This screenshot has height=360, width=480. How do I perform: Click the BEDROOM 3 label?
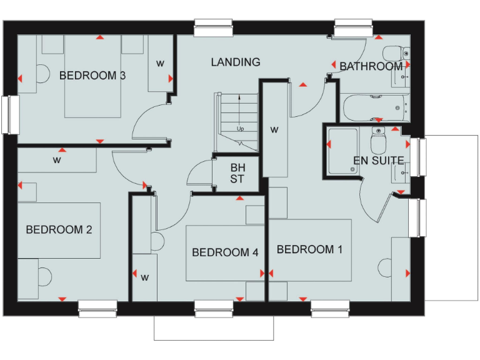coord(92,76)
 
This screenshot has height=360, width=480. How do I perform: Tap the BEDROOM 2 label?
coord(59,229)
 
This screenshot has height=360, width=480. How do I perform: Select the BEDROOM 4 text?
coord(225,252)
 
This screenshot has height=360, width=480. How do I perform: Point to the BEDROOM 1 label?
coord(309,249)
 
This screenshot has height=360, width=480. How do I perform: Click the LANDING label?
coord(235,62)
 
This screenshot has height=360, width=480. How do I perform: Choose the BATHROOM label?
coord(371,66)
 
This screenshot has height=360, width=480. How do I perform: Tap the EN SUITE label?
coord(378,161)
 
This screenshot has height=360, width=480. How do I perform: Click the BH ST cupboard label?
coord(237,174)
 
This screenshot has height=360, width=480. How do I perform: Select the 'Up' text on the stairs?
coord(240,129)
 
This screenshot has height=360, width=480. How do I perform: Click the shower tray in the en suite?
coord(342,150)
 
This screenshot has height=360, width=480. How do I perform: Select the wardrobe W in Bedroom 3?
coord(160,63)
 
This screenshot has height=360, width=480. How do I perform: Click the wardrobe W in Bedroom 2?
coord(57,161)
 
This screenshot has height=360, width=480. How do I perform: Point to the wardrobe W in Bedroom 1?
coord(274,130)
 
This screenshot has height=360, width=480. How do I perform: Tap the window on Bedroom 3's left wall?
coord(10,114)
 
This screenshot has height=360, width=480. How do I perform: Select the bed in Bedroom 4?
coord(224,253)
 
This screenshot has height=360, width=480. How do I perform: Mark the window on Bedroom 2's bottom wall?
coord(97,306)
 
